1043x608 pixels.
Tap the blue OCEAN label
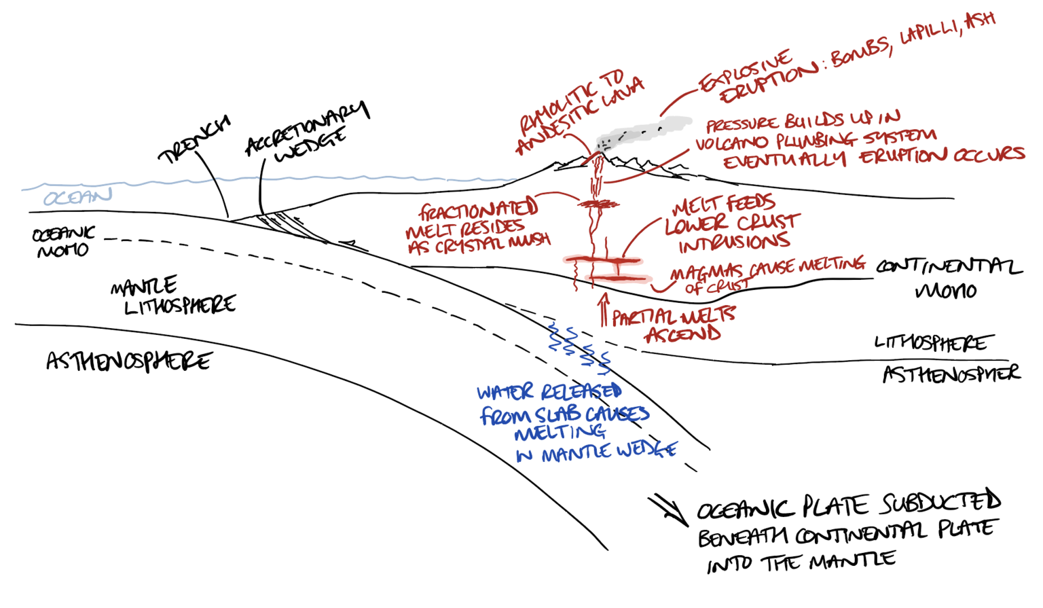pyautogui.click(x=77, y=197)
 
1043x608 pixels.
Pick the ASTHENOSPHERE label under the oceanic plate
pyautogui.click(x=129, y=361)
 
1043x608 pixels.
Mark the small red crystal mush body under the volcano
pyautogui.click(x=598, y=203)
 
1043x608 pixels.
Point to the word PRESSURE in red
pyautogui.click(x=743, y=124)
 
